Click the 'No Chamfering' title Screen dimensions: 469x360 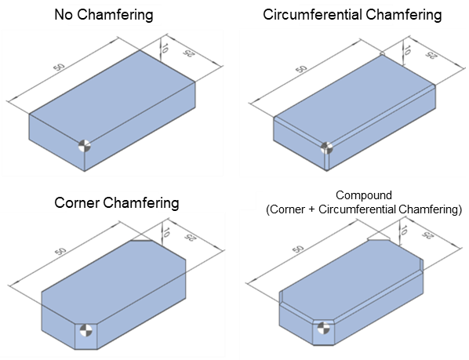pos(104,15)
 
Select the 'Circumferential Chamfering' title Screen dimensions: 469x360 pos(352,15)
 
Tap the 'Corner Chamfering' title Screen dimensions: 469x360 pos(117,203)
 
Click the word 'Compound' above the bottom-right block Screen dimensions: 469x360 pos(364,195)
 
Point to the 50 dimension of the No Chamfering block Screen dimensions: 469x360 pos(59,67)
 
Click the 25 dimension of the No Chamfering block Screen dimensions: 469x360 pos(187,53)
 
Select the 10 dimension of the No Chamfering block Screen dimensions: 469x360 pos(164,48)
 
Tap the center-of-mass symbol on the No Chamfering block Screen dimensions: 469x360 pos(85,146)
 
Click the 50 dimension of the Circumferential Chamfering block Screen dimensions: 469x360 pos(301,69)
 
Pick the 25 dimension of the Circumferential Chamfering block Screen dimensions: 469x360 pos(431,55)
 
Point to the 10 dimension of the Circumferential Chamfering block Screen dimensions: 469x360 pos(406,49)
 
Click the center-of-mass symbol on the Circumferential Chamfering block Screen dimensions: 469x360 pos(326,147)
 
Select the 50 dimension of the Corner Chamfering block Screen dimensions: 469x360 pos(60,251)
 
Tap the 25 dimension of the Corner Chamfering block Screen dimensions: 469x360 pos(189,238)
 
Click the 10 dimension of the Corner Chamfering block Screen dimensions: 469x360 pos(166,232)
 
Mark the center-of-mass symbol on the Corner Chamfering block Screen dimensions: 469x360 pos(86,331)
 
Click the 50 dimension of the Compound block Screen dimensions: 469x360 pos(298,249)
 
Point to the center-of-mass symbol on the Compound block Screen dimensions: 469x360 pos(323,328)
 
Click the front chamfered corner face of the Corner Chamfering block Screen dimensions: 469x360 pos(86,336)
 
